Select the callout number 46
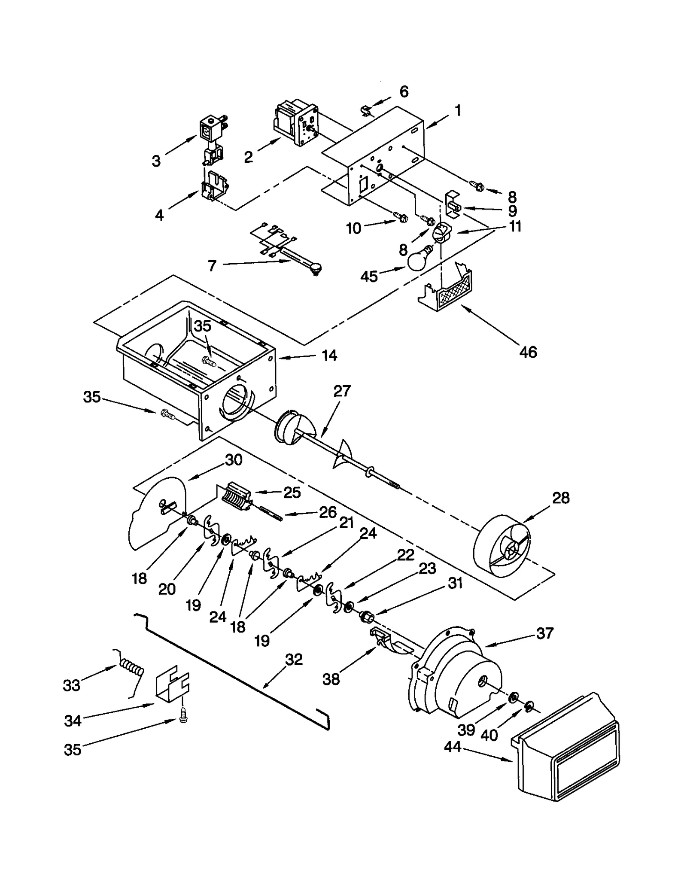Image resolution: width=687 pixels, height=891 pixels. [528, 352]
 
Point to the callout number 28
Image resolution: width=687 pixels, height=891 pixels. [561, 498]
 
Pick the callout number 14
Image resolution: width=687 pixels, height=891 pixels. [329, 356]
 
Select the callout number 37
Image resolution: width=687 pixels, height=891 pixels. [545, 633]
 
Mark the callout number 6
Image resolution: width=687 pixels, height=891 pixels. [404, 91]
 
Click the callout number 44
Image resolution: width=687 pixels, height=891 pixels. [453, 747]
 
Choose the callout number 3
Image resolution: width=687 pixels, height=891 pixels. [156, 161]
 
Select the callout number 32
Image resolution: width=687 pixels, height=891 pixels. [294, 660]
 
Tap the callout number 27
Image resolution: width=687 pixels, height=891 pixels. [342, 391]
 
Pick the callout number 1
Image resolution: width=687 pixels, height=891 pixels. [458, 111]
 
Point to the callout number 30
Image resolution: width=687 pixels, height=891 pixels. [234, 460]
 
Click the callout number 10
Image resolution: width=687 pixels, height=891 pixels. [353, 228]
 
